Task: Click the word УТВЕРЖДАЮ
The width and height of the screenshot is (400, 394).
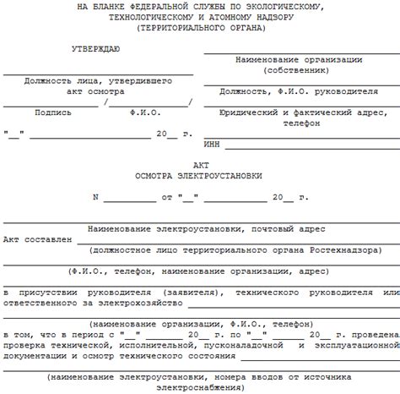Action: pos(95,50)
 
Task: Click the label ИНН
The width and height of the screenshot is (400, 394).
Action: pos(213,145)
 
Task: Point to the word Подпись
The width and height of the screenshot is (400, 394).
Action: pos(52,112)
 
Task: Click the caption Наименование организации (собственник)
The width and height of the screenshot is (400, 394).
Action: pos(299,65)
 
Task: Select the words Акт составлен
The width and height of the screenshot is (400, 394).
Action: pos(37,239)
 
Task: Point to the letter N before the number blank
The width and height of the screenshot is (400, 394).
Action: pos(95,197)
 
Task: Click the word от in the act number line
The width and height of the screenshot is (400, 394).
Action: pos(166,197)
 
